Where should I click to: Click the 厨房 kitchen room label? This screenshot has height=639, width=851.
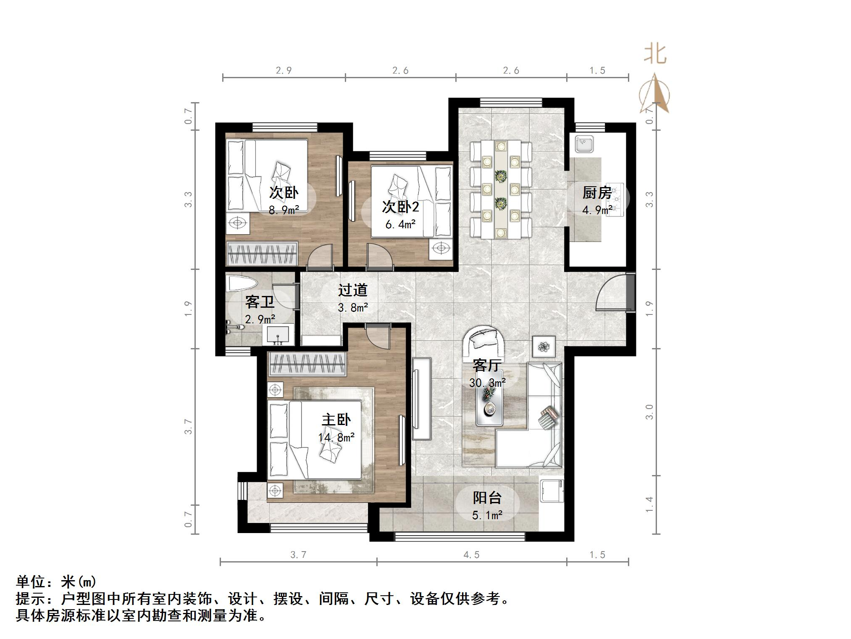(596, 193)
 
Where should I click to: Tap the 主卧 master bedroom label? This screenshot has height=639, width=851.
(336, 420)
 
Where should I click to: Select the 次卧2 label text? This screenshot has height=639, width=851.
(400, 207)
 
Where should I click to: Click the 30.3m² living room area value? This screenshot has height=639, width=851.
(487, 383)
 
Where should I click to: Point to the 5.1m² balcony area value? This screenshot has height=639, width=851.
(487, 515)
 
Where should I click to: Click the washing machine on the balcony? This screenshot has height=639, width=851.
(551, 490)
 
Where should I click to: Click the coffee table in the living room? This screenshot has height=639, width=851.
(489, 404)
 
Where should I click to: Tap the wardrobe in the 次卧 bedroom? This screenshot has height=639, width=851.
(262, 253)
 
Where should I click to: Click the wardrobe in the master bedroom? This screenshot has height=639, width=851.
(307, 364)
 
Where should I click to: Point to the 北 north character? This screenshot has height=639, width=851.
(655, 55)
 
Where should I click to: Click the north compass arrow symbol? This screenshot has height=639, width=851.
(654, 95)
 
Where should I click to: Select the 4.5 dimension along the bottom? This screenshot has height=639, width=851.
(471, 555)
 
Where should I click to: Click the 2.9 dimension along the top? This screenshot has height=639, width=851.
(284, 71)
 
